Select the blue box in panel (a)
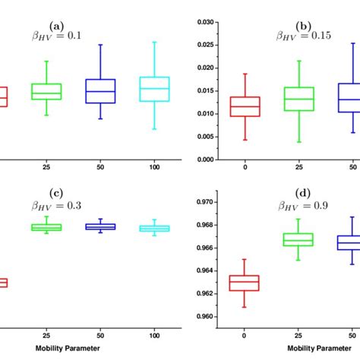100,90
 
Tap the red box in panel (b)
245,106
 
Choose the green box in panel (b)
298,99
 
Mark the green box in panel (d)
298,239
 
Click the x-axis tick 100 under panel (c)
154,333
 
